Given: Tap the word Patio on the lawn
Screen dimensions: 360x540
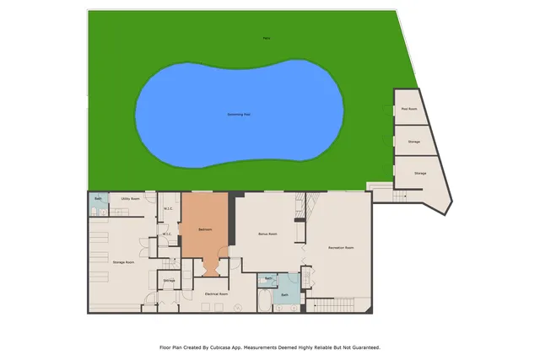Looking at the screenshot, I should point(267,38).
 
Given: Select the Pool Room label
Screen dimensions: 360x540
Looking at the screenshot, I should point(409,109).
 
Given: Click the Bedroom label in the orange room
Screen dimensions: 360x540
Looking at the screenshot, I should point(205,229).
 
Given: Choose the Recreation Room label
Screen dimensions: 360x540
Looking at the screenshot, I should point(340,248).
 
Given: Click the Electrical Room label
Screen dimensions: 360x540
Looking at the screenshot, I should point(217,293).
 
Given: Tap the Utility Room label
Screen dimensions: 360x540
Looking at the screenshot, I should point(130,199).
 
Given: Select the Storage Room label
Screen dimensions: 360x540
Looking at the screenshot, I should point(124,262).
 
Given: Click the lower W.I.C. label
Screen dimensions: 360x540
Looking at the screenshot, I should point(167,234).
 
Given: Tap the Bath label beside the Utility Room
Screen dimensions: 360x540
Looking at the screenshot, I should point(98,199).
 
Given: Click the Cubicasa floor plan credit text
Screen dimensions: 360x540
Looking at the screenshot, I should point(270,347).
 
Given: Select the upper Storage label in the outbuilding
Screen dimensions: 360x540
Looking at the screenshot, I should point(414,142).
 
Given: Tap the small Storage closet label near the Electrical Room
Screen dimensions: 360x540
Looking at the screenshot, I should point(169,280).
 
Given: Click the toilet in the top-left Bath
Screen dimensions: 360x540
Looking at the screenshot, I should point(94,207).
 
